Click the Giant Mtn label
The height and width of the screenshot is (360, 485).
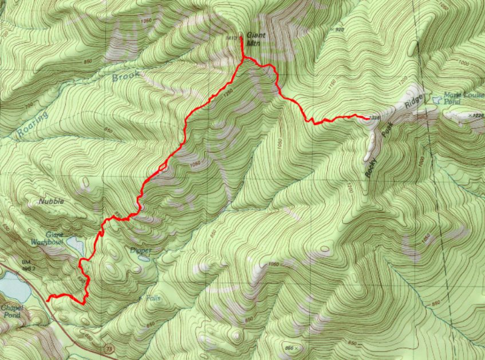click(256, 38)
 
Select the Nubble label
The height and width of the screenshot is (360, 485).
click(52, 201)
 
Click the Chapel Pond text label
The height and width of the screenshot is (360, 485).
click(13, 311)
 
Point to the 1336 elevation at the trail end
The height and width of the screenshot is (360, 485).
click(375, 118)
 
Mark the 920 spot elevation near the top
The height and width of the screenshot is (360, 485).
click(339, 30)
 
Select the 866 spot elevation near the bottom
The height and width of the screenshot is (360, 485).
click(291, 347)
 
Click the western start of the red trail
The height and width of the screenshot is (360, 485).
click(48, 298)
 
